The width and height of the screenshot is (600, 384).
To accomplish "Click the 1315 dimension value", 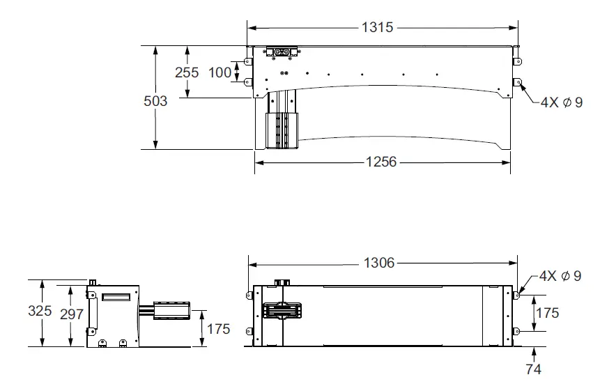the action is pyautogui.click(x=377, y=27).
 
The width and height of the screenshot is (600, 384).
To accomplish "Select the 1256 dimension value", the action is pyautogui.click(x=381, y=162).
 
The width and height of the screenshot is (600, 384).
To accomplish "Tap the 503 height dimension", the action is pyautogui.click(x=155, y=101).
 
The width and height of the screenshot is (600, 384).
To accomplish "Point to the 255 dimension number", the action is pyautogui.click(x=187, y=72).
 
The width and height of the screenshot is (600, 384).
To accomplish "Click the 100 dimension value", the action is pyautogui.click(x=220, y=72).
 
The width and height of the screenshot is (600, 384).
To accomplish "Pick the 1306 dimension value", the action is pyautogui.click(x=379, y=263).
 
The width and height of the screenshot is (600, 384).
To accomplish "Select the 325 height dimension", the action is pyautogui.click(x=40, y=311).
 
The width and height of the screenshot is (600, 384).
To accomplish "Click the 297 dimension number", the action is pyautogui.click(x=72, y=314).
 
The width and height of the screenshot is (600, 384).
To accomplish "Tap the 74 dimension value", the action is pyautogui.click(x=533, y=369).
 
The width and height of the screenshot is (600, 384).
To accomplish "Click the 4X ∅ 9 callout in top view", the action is pyautogui.click(x=562, y=102).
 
